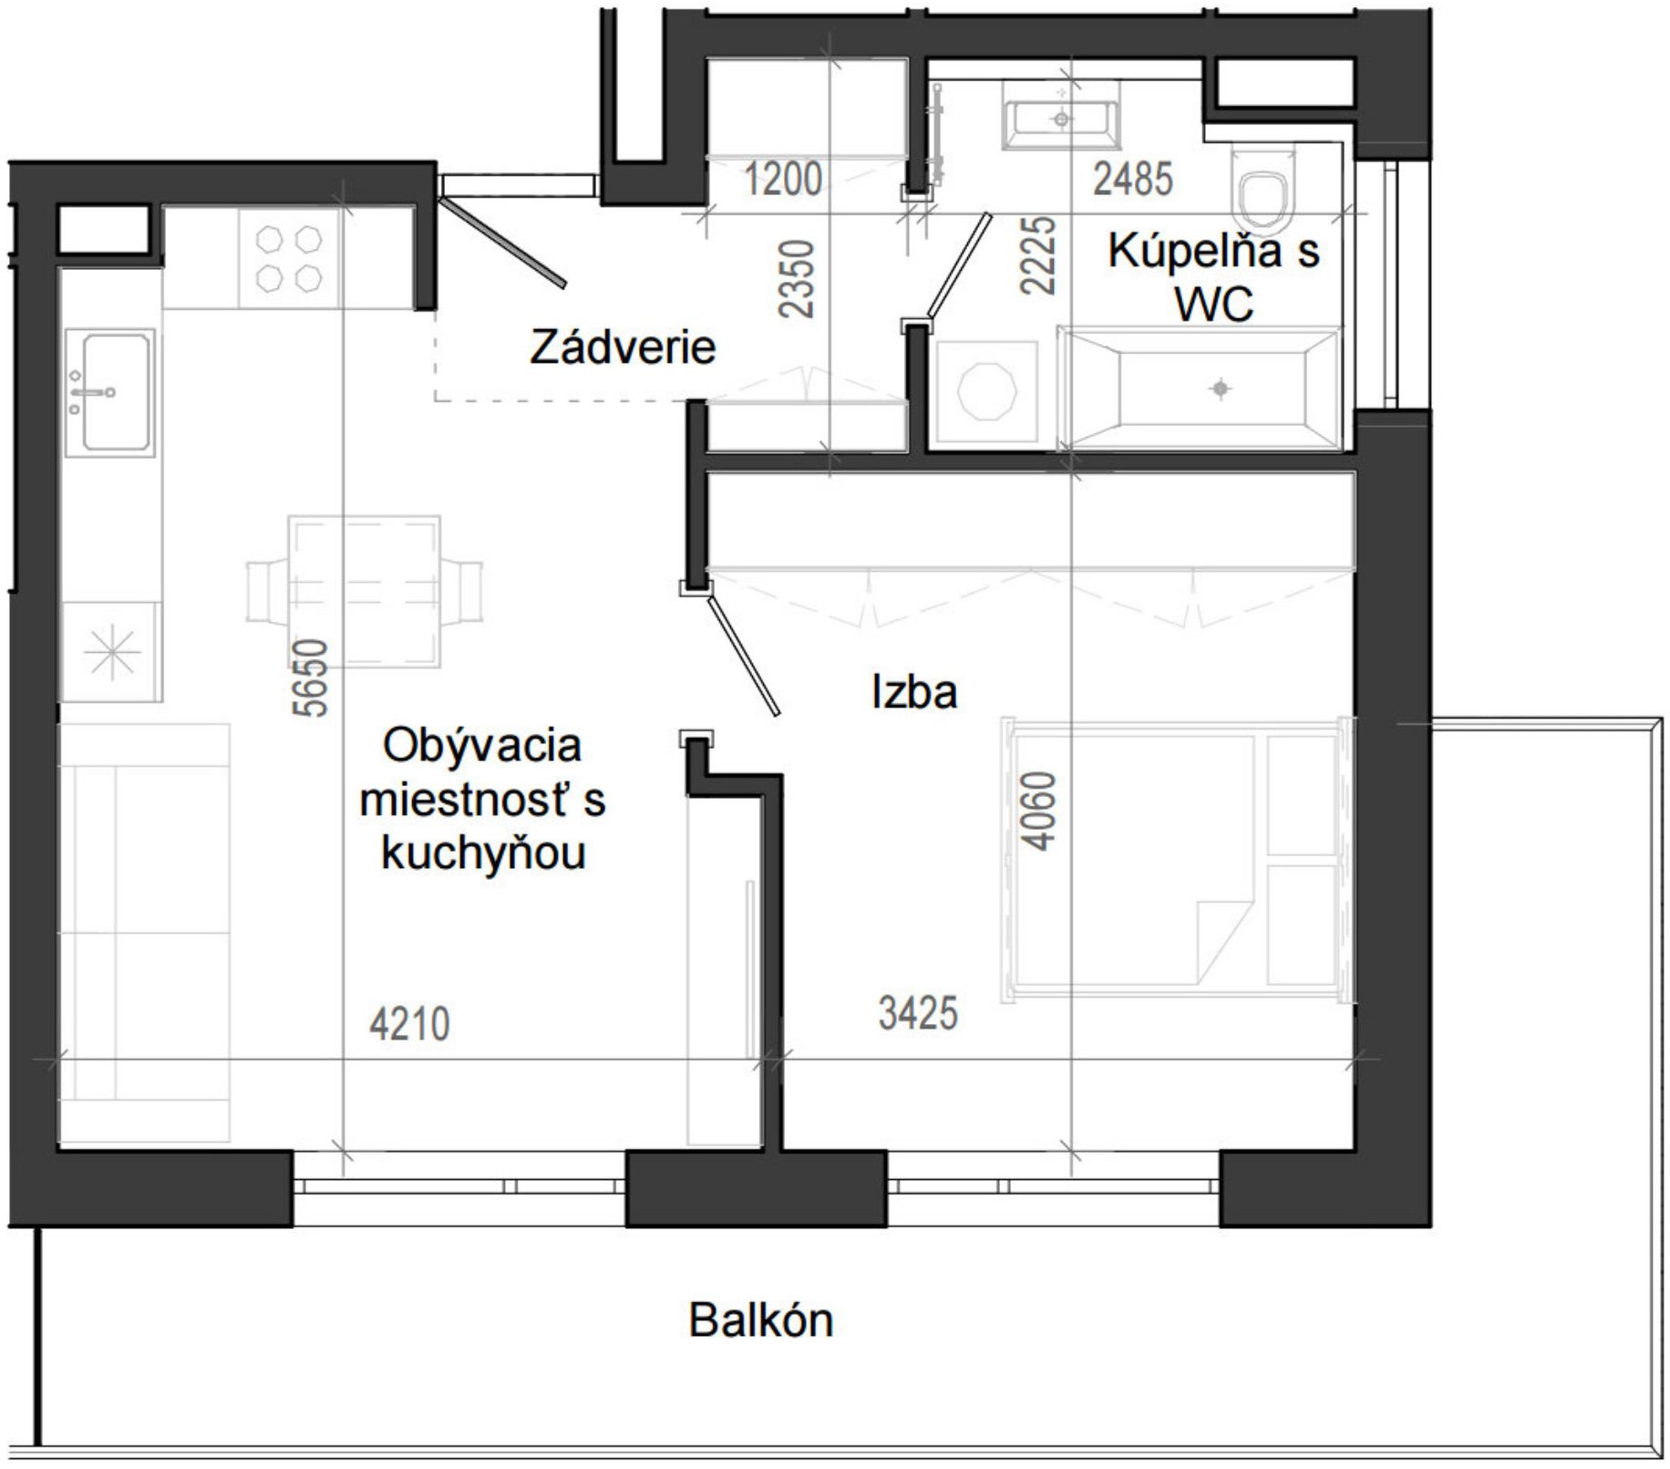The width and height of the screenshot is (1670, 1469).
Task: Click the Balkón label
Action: pos(760,1319)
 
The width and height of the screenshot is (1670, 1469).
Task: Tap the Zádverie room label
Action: pos(623,347)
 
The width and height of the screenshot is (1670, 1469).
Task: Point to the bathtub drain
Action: pos(1221,389)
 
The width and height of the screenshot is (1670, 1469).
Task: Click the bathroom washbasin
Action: pos(1061,113)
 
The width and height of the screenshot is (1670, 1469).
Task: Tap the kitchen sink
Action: pos(109,392)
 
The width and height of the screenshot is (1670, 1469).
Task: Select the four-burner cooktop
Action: pos(289,258)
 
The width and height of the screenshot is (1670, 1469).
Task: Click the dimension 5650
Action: pos(310,678)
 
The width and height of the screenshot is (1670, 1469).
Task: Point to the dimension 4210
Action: pos(409,1024)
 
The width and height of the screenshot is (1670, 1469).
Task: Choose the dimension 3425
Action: pos(918,1013)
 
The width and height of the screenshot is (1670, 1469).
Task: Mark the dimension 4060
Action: pos(1038,811)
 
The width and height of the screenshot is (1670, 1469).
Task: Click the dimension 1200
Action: pos(783,179)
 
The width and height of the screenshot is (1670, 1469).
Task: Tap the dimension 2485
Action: pos(1133,179)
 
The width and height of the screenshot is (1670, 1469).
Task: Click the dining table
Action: pos(365,591)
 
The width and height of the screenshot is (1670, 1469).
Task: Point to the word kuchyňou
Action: pos(483,853)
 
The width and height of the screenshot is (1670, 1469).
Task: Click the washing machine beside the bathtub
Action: pos(986,392)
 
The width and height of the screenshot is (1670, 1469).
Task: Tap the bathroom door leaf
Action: pos(959,266)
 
